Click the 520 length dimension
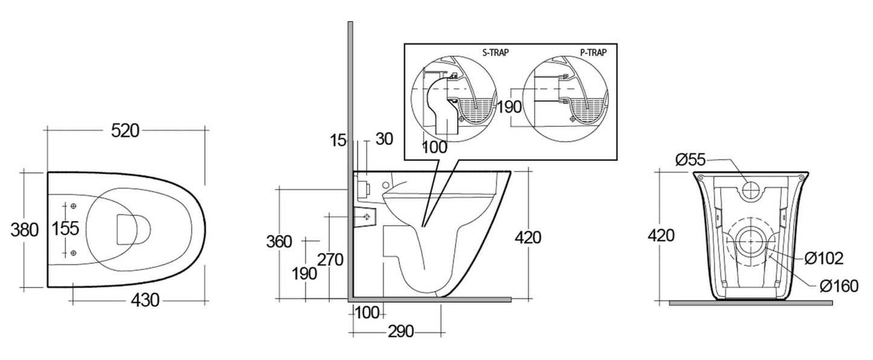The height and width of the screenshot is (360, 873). coord(125,131)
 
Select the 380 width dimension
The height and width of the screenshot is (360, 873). coord(25,230)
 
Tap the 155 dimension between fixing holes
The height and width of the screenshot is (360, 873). coord(65,228)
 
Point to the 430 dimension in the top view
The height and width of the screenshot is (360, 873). coord(145,300)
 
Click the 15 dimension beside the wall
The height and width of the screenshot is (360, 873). coord(338,140)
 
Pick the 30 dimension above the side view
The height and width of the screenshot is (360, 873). coord(384,139)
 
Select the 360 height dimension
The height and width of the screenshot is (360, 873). coord(279,242)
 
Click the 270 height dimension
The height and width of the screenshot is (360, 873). coord(330,260)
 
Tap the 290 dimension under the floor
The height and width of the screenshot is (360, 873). coord(401,332)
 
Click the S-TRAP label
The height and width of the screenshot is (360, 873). coord(496,52)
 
